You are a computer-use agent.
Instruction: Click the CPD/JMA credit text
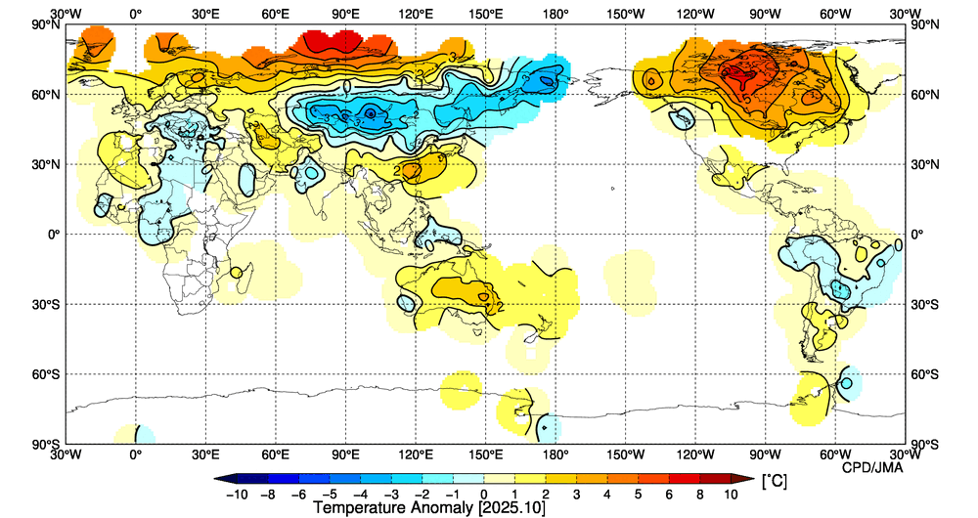click(872, 467)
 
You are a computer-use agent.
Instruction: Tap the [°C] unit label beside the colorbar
click(773, 481)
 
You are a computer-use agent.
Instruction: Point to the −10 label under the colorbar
click(236, 495)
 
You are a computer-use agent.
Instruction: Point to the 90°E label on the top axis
click(345, 14)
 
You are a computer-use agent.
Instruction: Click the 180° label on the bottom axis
click(556, 454)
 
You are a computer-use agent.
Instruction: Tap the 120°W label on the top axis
click(695, 14)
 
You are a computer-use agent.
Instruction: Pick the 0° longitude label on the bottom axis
click(135, 454)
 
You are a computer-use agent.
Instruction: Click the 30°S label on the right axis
click(928, 305)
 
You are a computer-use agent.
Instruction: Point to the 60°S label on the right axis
click(928, 374)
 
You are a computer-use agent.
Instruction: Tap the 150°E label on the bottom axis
click(486, 454)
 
